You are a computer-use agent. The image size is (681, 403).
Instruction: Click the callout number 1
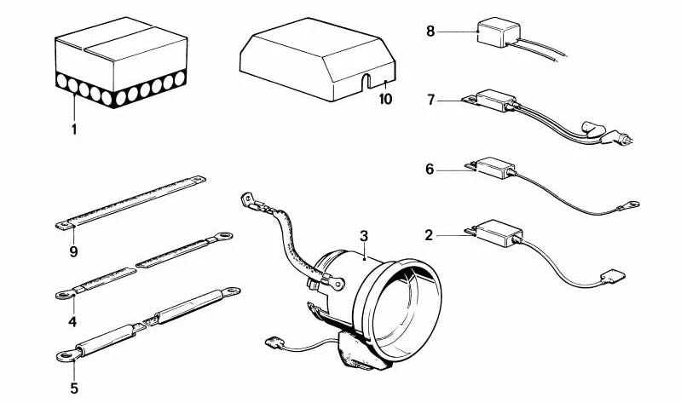[x=74, y=130]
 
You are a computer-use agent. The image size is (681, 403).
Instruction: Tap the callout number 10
[x=385, y=99]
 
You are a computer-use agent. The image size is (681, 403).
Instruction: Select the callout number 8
[x=430, y=32]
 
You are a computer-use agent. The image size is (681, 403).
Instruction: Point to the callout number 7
[x=431, y=100]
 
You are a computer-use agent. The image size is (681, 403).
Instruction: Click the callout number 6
[x=430, y=170]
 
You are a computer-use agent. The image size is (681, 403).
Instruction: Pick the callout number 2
[x=430, y=232]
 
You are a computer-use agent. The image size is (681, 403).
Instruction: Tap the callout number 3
[x=363, y=235]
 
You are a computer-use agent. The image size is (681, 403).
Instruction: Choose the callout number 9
[x=74, y=251]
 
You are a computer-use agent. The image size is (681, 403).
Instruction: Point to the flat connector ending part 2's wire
[x=611, y=274]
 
